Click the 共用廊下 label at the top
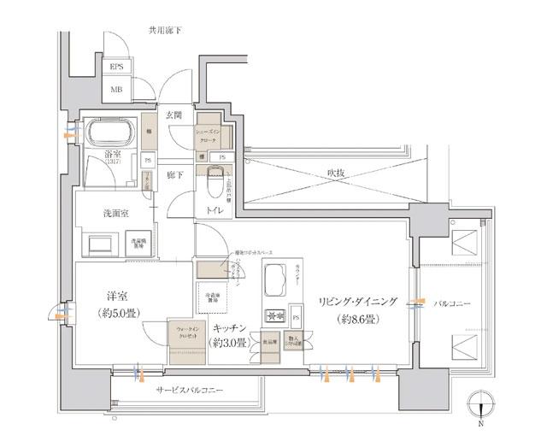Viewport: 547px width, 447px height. click(x=165, y=31)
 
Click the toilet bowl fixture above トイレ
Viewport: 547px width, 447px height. click(x=214, y=181)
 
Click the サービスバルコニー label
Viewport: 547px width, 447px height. click(x=189, y=390)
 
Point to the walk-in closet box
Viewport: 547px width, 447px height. click(x=187, y=338)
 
